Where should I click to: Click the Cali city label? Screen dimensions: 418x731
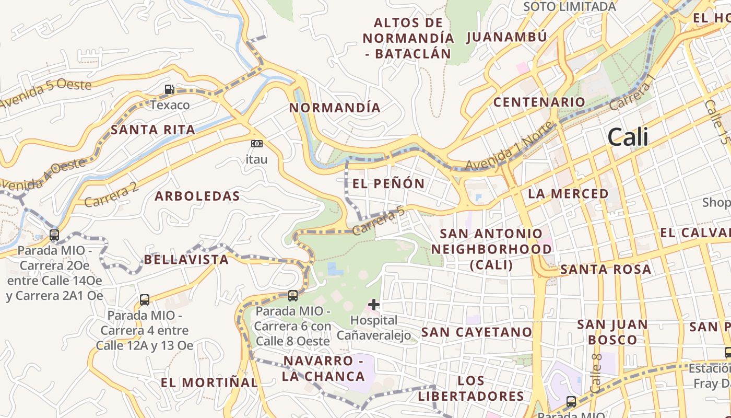tap(628, 137)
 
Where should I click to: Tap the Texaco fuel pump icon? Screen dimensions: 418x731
tap(169, 89)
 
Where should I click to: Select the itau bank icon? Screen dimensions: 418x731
tap(256, 144)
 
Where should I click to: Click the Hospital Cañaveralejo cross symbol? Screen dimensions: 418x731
tap(374, 304)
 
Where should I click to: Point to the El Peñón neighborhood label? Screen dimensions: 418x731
tap(388, 183)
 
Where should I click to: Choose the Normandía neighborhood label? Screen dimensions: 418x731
tap(335, 108)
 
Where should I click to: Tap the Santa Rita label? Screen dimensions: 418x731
tap(153, 130)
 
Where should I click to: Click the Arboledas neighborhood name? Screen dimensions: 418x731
tap(197, 196)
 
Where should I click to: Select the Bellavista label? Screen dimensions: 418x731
tap(186, 260)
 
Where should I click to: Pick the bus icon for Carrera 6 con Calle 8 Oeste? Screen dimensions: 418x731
tap(293, 296)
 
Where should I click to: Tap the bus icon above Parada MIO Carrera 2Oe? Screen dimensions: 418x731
tap(54, 235)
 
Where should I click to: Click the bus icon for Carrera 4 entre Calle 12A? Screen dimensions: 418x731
tap(145, 300)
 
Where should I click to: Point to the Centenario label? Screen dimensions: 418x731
tap(539, 102)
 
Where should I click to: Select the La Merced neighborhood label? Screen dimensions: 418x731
tap(568, 194)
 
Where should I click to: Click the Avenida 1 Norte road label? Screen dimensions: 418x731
tap(509, 147)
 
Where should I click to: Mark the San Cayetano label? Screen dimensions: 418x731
tap(476, 332)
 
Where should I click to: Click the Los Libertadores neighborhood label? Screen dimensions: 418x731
tap(471, 388)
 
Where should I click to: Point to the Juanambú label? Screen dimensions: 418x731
tap(506, 37)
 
